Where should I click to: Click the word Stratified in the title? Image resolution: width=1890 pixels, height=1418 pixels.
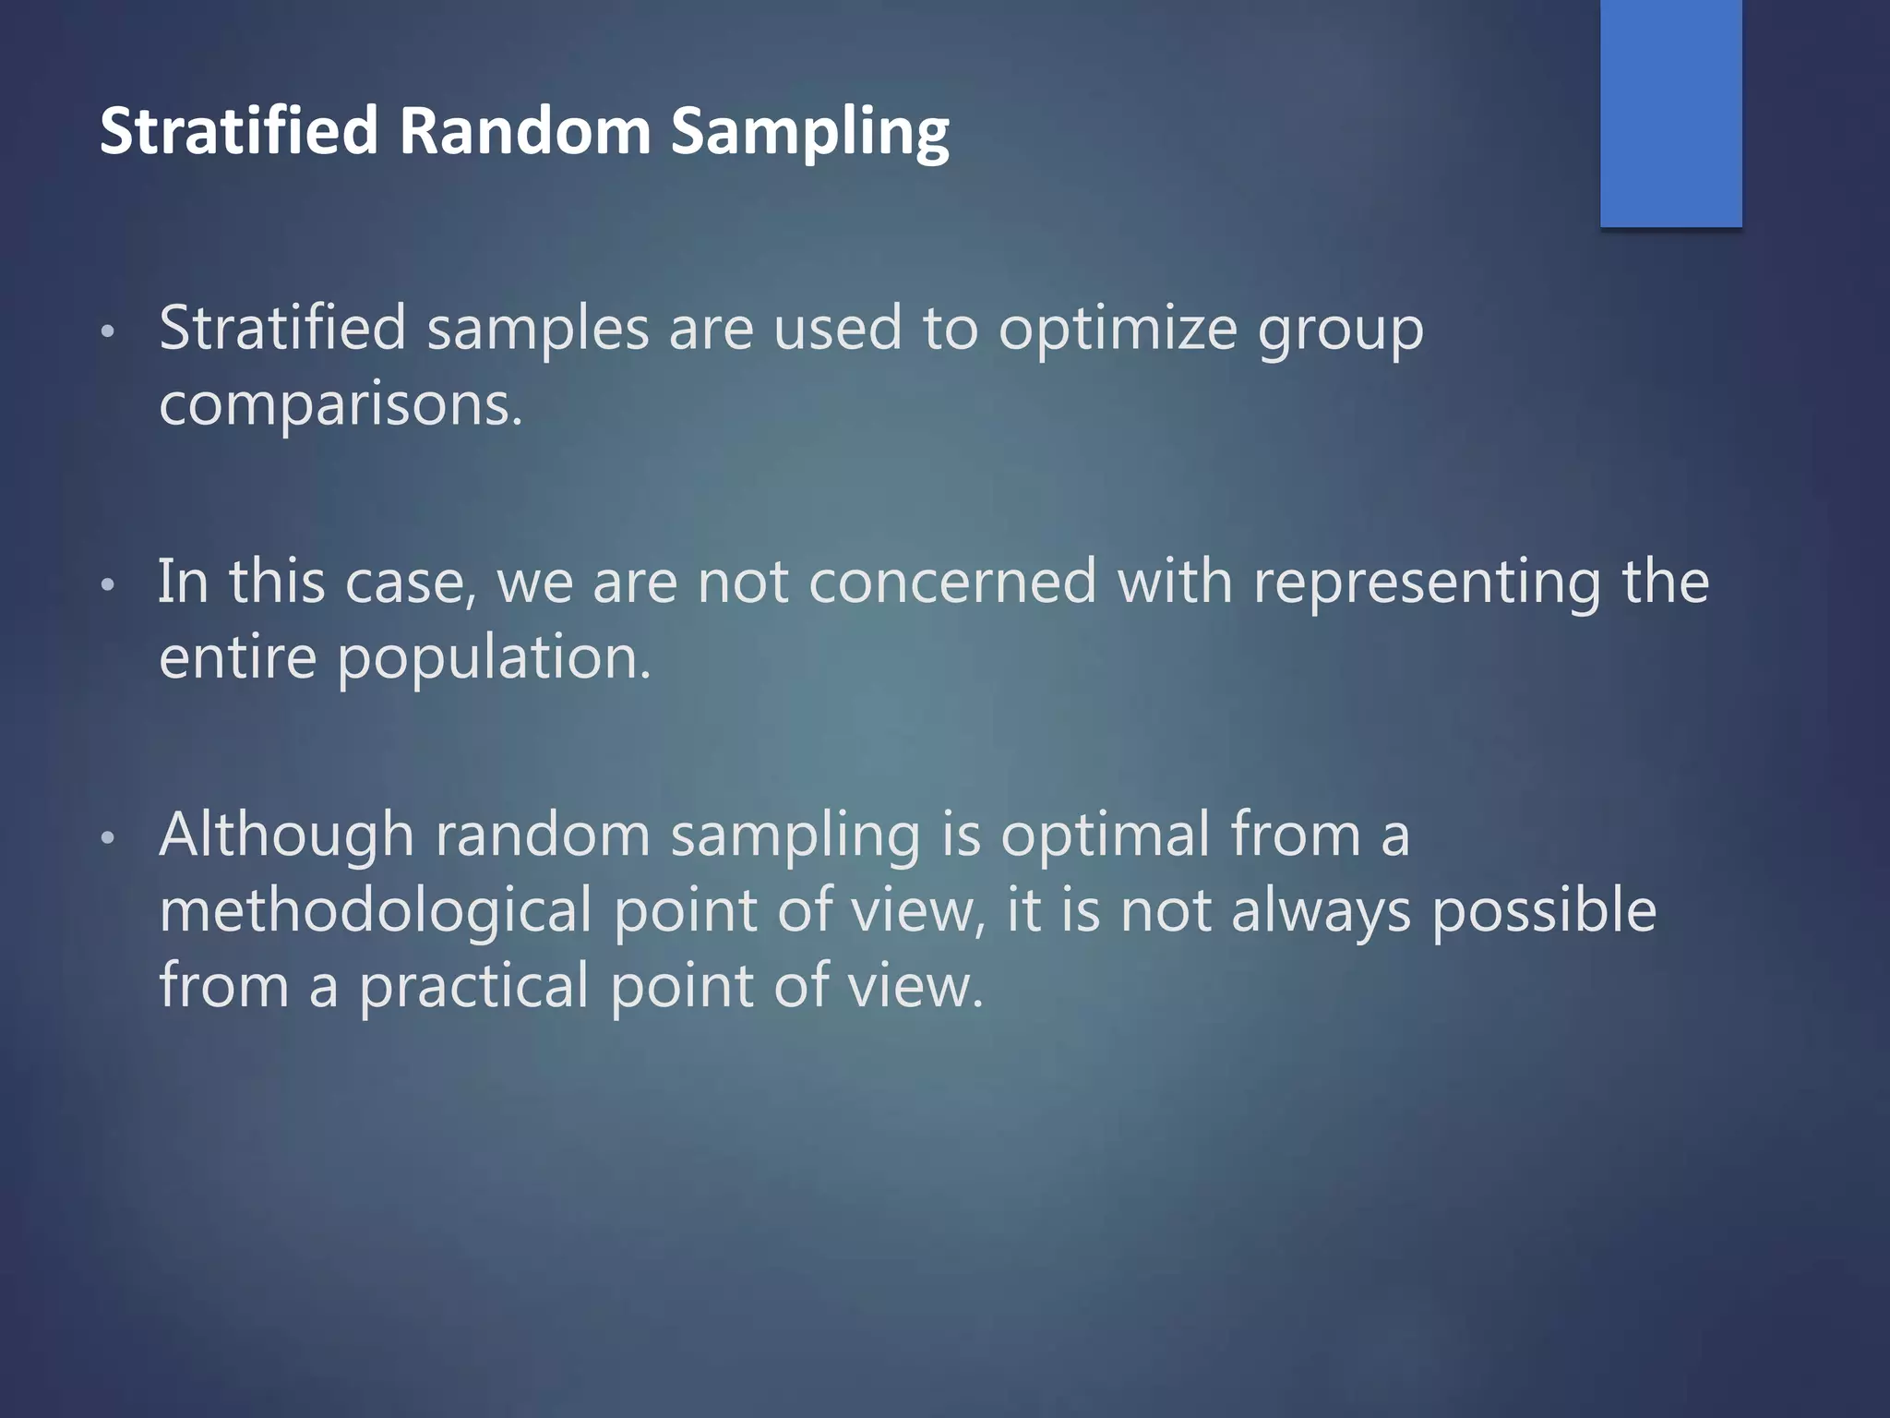pos(238,131)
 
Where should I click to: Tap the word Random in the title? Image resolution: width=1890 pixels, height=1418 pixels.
pos(524,131)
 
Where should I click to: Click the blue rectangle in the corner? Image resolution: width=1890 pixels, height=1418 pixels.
pos(1670,113)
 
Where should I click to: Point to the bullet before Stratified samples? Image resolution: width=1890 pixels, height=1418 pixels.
pos(108,332)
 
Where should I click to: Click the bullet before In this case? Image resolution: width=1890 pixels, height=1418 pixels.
pos(108,585)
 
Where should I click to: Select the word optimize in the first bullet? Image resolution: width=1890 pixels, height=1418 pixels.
pos(1117,330)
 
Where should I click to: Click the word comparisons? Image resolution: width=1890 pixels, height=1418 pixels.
pos(341,406)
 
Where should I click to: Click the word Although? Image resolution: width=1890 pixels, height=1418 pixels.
pos(286,835)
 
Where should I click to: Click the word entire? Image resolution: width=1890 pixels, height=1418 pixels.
pos(237,659)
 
